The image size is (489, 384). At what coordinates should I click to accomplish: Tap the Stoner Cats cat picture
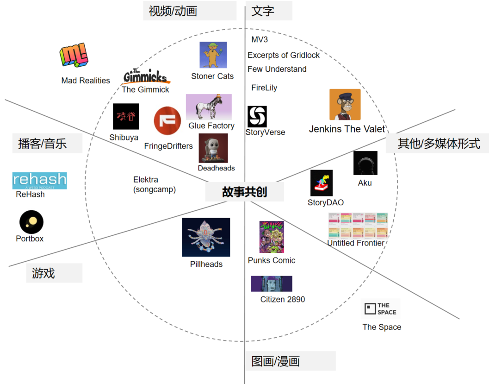pos(213,55)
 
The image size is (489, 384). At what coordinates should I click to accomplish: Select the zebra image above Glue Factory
pos(209,107)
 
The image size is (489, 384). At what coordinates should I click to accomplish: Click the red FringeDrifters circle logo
pos(167,121)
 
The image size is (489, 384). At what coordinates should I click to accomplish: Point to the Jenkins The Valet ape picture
pos(345,105)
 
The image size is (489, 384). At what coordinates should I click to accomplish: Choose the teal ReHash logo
pos(39,181)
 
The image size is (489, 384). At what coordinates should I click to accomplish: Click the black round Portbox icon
pos(31,222)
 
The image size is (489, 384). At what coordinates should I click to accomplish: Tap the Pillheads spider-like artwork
pos(206,237)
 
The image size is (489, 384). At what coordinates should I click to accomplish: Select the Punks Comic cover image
pos(272,237)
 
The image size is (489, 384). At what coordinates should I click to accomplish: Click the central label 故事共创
pos(244,192)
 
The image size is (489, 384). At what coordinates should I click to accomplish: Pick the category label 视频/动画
pos(173,11)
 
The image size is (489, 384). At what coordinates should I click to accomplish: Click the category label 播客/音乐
pos(43,144)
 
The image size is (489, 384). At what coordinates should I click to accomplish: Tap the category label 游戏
pos(44,273)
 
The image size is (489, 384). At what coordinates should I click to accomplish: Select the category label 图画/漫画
pos(276,361)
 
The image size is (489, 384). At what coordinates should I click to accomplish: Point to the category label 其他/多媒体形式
pos(439,144)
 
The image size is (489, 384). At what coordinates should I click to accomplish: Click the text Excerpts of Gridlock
pos(284,55)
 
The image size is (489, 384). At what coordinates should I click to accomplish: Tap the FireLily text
pos(264,88)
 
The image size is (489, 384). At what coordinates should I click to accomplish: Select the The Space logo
pos(380,309)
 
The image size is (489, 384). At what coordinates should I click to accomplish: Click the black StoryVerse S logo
pos(257,116)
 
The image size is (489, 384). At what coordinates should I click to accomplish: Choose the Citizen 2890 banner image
pos(272,284)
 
